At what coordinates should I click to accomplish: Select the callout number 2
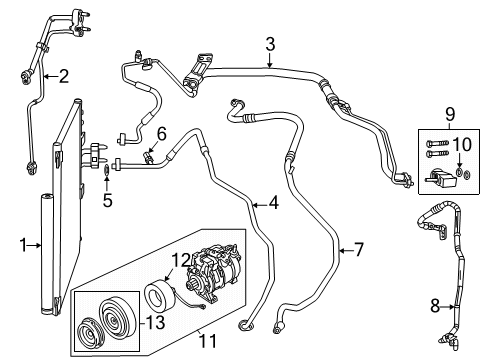(64, 75)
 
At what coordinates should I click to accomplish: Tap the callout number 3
(270, 42)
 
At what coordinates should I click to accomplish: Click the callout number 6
(161, 134)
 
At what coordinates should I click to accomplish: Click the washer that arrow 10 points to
(458, 175)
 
